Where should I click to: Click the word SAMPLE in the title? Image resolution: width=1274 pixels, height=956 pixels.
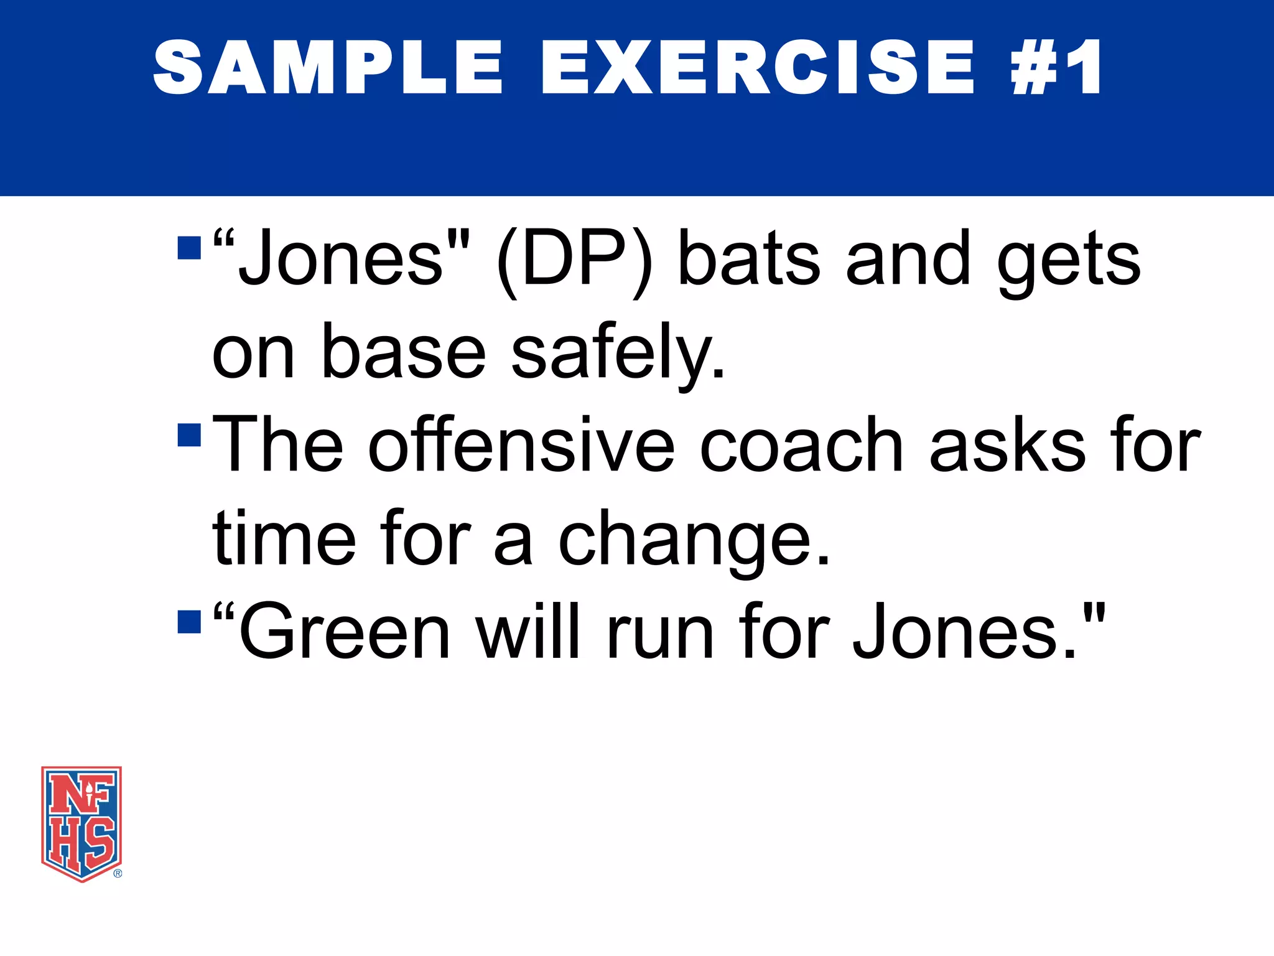(x=327, y=67)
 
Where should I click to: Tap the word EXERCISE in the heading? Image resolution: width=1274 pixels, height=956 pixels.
(x=757, y=67)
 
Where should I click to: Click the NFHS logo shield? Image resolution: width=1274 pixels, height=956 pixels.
(x=81, y=823)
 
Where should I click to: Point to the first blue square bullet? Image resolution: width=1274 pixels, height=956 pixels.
(x=189, y=247)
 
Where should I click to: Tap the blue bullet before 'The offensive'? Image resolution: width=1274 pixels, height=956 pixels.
(x=189, y=435)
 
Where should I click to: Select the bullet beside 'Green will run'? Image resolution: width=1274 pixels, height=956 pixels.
(x=189, y=621)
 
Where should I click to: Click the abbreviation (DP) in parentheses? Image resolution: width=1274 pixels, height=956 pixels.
(x=575, y=260)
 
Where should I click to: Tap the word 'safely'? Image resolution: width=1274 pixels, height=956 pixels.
(x=617, y=354)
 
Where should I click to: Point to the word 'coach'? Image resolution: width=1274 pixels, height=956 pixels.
(x=801, y=445)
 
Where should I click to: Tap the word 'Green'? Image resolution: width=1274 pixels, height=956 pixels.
(x=344, y=632)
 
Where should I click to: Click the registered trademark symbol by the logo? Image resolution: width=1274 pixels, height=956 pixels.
(x=118, y=873)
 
